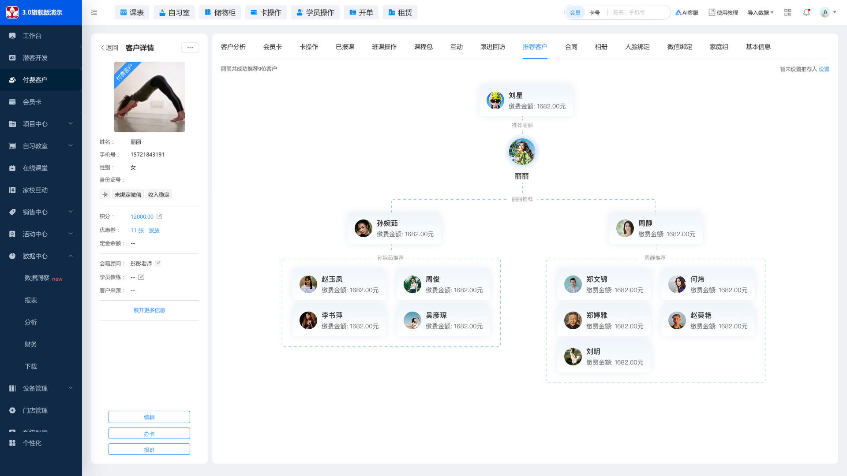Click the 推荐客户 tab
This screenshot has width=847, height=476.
pos(535,47)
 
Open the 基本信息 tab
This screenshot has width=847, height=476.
pos(758,47)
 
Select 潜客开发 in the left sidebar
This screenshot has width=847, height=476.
pos(35,58)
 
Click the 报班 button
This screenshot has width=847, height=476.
pos(149,450)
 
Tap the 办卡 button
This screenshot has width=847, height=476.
pos(149,434)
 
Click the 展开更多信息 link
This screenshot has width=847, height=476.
pos(149,310)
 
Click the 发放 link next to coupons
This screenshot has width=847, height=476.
pos(154,231)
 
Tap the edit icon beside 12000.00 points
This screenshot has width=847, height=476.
pos(159,216)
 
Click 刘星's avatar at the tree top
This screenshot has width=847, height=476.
pos(495,100)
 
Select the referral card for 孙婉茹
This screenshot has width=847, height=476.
pos(394,228)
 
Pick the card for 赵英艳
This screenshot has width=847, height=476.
pos(708,320)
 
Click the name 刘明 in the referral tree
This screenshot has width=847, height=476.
pos(593,351)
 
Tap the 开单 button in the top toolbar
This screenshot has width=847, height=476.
pos(361,12)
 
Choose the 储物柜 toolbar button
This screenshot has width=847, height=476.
pos(220,12)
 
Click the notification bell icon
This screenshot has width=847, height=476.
pos(806,12)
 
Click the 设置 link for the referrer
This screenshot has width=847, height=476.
pos(824,69)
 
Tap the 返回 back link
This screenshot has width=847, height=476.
pos(109,48)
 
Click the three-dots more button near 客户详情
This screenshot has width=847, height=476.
pos(190,48)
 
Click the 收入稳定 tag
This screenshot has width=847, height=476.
pos(159,195)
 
